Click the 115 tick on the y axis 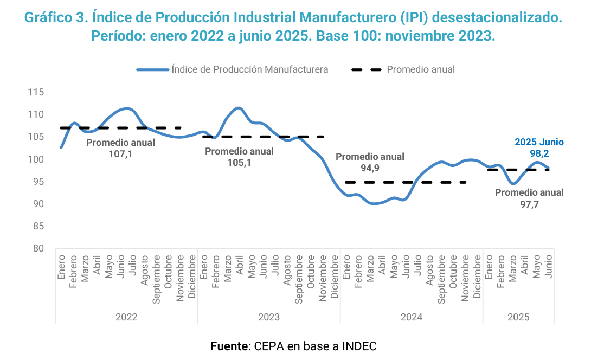click(36, 92)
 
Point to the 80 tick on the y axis click(36, 248)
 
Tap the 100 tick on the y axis click(36, 159)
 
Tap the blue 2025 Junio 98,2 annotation click(539, 148)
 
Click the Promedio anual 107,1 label click(120, 148)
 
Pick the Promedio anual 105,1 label click(239, 157)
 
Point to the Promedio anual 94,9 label click(370, 162)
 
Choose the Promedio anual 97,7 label click(529, 198)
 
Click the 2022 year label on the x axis click(126, 317)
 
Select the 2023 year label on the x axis click(268, 317)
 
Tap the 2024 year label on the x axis click(411, 317)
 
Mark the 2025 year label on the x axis click(518, 317)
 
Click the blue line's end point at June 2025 click(548, 168)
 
